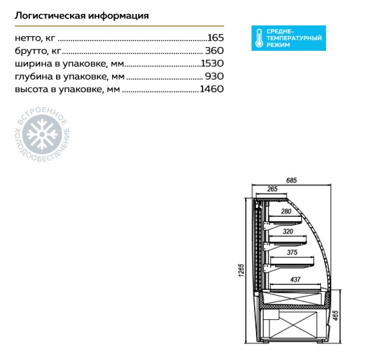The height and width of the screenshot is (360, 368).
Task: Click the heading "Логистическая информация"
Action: point(81,16)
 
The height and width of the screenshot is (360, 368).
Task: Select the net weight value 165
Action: point(216,38)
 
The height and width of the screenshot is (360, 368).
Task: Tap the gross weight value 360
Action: point(215,51)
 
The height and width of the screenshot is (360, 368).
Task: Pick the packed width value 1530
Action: point(213,64)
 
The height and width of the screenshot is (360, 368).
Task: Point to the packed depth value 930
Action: point(215,76)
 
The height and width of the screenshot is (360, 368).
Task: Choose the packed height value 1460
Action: point(211,89)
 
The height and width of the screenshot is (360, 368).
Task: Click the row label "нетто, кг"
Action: point(35,38)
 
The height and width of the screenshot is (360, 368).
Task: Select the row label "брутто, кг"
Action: point(38,51)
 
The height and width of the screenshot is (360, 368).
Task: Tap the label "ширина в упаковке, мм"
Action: point(69,64)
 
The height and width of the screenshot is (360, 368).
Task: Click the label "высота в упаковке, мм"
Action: point(67,89)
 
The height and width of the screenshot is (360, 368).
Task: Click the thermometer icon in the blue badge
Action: point(259,38)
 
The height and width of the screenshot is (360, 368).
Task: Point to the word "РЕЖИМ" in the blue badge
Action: point(278,45)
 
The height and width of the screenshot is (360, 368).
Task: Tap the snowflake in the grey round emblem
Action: point(42,134)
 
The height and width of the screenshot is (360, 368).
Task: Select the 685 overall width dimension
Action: point(292,181)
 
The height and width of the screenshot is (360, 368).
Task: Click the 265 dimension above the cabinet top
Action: point(272,189)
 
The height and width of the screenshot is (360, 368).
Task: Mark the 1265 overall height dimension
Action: point(242,270)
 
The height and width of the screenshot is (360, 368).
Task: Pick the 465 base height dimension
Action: point(336,315)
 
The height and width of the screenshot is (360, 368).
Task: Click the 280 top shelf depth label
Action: point(286,212)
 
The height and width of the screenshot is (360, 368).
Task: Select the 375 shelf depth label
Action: point(292,253)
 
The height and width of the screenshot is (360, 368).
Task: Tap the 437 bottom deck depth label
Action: point(295,280)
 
